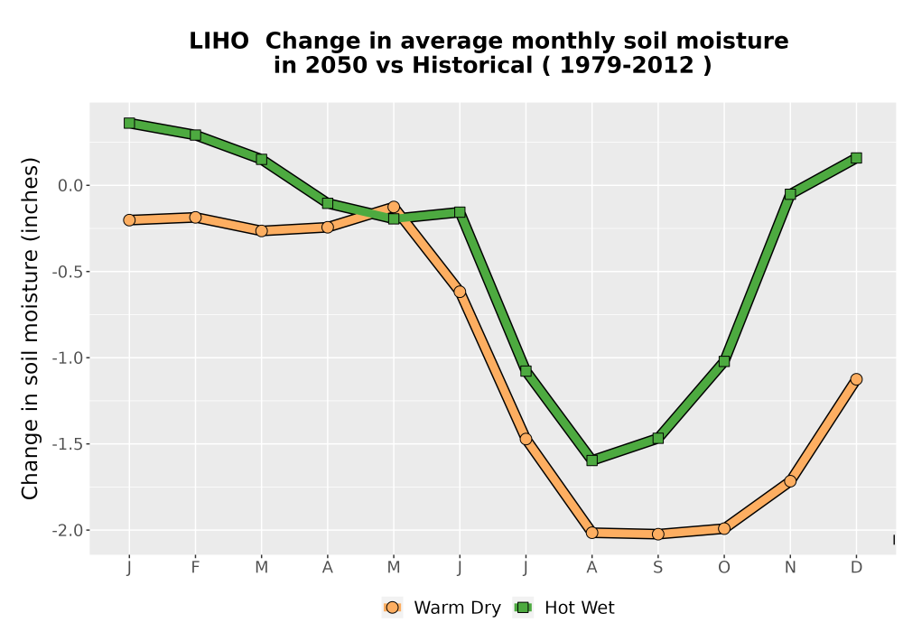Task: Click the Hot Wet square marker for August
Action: point(592,460)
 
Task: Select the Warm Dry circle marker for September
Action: point(658,534)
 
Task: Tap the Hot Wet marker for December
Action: point(856,158)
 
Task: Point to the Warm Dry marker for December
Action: point(856,378)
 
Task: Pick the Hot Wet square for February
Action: point(195,135)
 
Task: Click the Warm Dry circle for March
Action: point(262,231)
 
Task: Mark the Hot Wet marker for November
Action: point(790,194)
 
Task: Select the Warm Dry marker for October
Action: point(724,528)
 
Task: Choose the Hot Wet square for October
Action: point(724,361)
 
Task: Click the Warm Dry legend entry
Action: point(442,608)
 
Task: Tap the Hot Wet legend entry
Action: point(564,608)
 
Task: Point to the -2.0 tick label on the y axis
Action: point(68,530)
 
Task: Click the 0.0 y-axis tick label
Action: point(70,185)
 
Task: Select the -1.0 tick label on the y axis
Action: point(68,358)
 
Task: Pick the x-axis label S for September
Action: point(658,568)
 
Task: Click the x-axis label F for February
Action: point(195,568)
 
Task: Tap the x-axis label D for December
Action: point(856,568)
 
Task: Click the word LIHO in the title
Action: point(219,42)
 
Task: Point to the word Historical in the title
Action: point(472,66)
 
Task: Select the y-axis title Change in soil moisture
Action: point(30,328)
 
